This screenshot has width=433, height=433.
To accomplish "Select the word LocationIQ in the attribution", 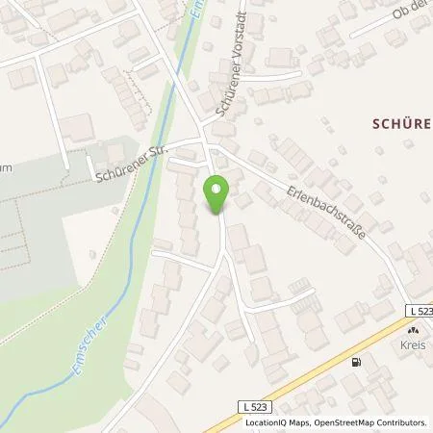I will pyautogui.click(x=267, y=422).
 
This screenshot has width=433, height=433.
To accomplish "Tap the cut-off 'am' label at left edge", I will pyautogui.click(x=7, y=166).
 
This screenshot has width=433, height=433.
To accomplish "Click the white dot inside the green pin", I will pyautogui.click(x=217, y=190).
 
